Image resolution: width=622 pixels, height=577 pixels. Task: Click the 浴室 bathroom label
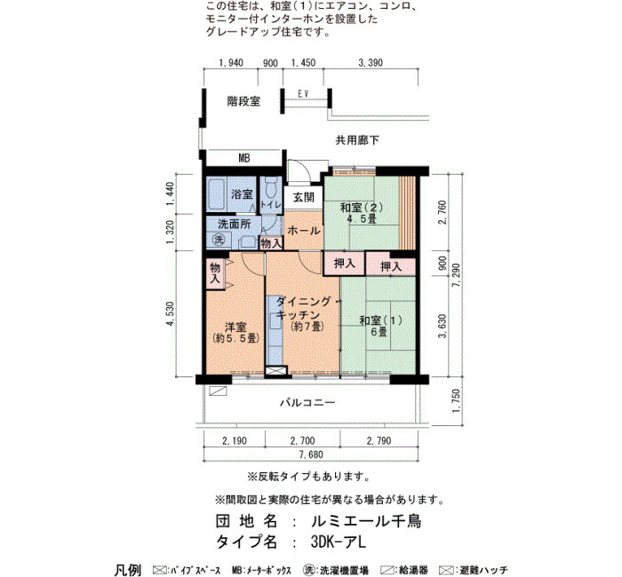(242, 194)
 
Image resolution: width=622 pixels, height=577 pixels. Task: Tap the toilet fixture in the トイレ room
(271, 188)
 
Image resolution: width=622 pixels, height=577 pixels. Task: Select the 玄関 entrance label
(304, 197)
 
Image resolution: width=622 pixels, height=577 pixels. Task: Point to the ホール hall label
(304, 230)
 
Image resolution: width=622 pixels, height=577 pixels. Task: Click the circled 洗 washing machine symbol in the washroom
(219, 240)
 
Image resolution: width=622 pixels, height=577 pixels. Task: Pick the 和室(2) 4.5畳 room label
(361, 213)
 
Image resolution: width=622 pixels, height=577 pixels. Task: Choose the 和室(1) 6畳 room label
(380, 326)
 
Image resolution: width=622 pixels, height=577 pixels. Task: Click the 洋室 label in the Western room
(235, 327)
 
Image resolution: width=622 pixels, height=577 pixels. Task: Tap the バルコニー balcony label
(307, 403)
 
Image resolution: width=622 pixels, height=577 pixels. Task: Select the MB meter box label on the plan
(244, 158)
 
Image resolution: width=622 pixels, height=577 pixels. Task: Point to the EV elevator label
(304, 94)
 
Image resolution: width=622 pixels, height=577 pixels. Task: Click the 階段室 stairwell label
(243, 101)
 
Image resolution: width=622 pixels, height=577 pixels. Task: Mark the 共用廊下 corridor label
(357, 140)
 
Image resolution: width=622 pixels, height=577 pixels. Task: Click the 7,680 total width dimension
(310, 454)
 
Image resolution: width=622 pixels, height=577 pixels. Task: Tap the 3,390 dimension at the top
(371, 63)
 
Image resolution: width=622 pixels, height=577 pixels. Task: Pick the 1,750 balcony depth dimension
(457, 400)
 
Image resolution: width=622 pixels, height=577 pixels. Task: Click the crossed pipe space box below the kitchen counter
(275, 371)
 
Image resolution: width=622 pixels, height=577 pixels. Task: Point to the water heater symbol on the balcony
(218, 391)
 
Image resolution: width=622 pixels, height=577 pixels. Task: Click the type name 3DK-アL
(339, 541)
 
